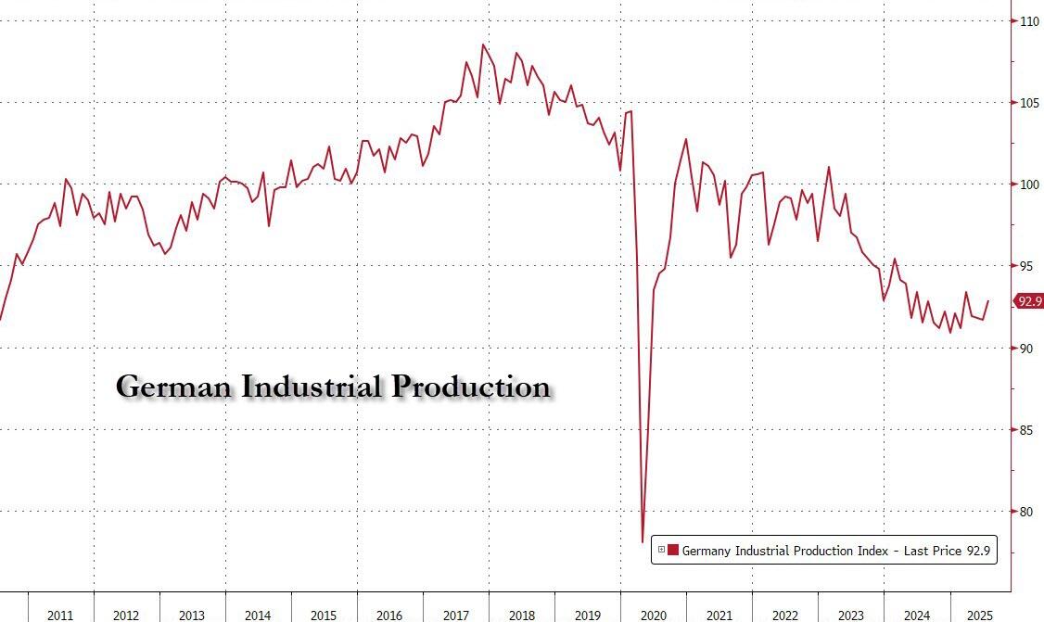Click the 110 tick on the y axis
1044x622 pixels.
point(1026,20)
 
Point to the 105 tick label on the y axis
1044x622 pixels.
point(1026,102)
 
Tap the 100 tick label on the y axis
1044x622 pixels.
point(1026,184)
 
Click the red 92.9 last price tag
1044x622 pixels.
point(1028,301)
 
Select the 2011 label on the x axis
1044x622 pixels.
point(60,616)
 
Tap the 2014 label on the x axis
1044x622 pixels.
point(258,616)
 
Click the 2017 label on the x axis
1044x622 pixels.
point(455,616)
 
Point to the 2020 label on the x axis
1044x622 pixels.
point(653,616)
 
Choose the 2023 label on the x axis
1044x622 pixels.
point(850,616)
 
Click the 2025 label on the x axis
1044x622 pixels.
point(982,616)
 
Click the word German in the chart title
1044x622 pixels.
point(174,387)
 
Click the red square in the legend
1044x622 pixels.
point(673,551)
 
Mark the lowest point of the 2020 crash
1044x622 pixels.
point(642,542)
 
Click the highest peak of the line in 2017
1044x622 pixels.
point(483,44)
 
